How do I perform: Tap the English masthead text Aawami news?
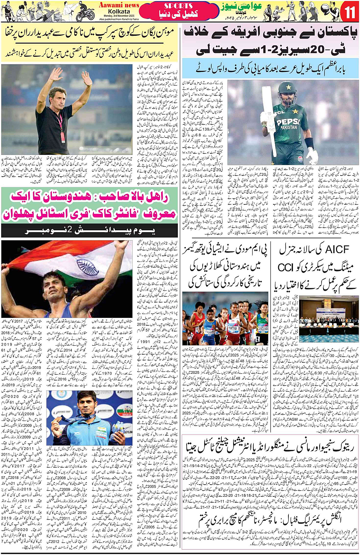pyautogui.click(x=119, y=5)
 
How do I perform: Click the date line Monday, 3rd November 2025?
pyautogui.click(x=119, y=16)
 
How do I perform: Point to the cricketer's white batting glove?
pyautogui.click(x=311, y=155)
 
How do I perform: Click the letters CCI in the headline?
pyautogui.click(x=286, y=267)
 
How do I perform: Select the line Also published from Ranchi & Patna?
pyautogui.click(x=119, y=19)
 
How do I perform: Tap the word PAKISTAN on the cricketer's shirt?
pyautogui.click(x=288, y=128)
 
